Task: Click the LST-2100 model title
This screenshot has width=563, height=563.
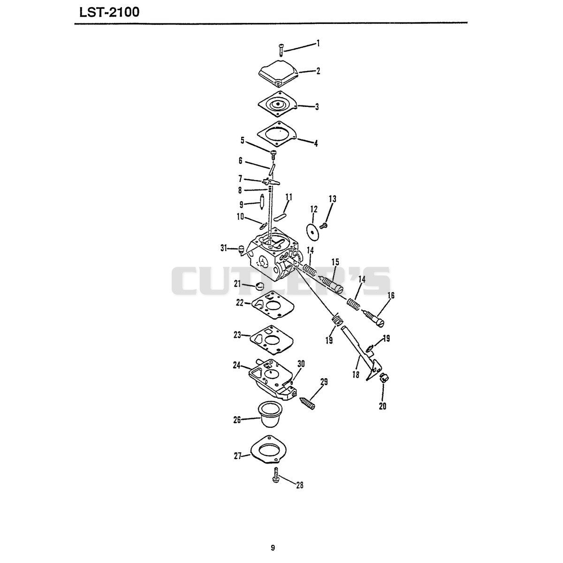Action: pos(110,13)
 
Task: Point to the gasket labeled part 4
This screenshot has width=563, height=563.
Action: pos(277,134)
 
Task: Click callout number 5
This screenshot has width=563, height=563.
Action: pos(242,141)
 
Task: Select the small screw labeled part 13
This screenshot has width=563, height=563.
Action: pos(323,225)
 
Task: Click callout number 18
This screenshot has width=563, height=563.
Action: pos(356,374)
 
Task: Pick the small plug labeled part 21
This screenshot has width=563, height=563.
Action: pos(259,286)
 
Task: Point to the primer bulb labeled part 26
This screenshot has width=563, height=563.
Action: pos(270,415)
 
